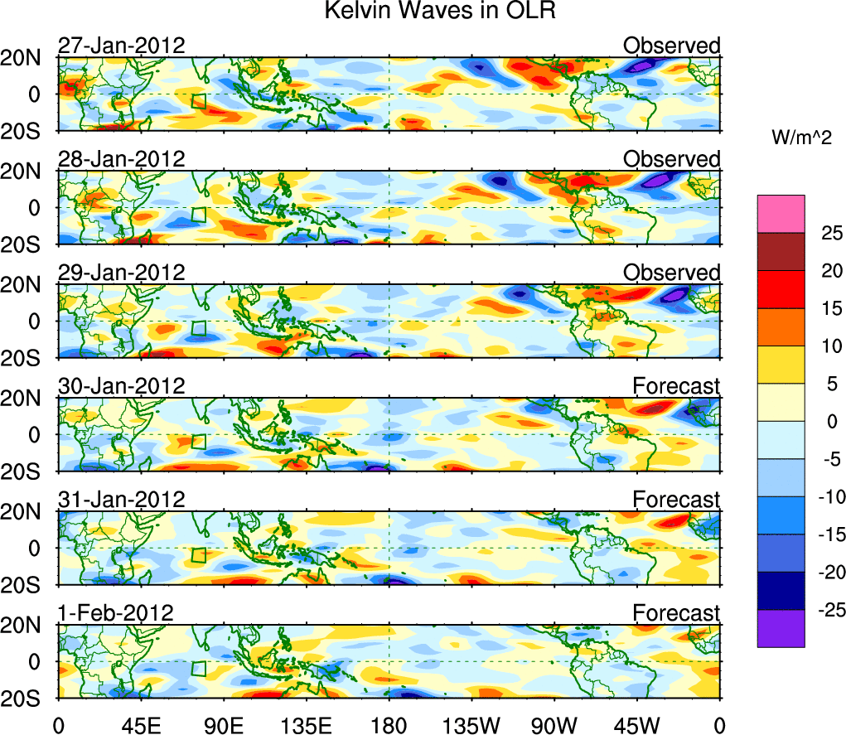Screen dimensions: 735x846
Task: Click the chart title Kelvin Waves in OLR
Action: tap(440, 12)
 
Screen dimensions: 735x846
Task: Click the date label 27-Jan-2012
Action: tap(121, 46)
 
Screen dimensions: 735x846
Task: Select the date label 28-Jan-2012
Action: tap(121, 159)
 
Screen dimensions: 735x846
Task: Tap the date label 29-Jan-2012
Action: tap(121, 273)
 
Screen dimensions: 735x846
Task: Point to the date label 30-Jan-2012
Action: tap(121, 386)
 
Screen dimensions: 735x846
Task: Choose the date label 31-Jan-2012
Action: tap(121, 500)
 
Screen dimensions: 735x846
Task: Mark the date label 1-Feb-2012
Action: tap(115, 613)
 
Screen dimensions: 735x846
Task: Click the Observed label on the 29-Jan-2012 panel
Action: tap(672, 273)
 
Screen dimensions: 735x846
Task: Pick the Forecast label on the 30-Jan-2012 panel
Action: tap(676, 386)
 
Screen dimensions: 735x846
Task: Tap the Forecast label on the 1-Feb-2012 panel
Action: tap(676, 613)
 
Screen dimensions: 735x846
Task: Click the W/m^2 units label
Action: tap(801, 138)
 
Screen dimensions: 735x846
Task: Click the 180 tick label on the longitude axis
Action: tap(389, 723)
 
